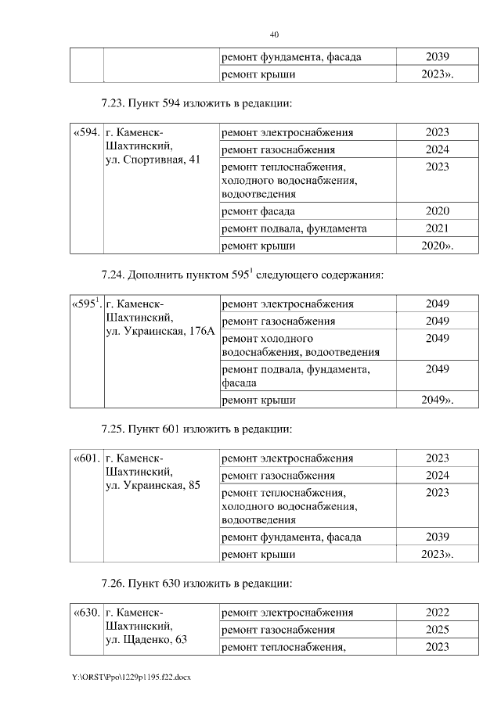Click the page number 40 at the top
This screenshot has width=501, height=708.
click(274, 34)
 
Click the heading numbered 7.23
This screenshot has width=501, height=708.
click(196, 103)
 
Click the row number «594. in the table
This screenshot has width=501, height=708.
click(86, 133)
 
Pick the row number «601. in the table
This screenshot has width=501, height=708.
click(86, 458)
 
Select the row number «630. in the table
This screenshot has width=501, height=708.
click(86, 613)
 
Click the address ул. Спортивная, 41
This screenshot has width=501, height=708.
click(153, 160)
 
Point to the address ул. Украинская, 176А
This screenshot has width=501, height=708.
click(160, 332)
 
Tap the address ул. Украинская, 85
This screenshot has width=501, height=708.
click(153, 486)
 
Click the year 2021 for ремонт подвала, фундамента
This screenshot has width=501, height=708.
click(437, 228)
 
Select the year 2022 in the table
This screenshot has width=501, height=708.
click(437, 613)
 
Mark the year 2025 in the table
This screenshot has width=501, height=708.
click(437, 630)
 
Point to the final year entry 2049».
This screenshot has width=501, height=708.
click(438, 400)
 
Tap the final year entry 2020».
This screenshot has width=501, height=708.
click(438, 246)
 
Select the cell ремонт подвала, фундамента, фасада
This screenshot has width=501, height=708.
click(296, 376)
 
